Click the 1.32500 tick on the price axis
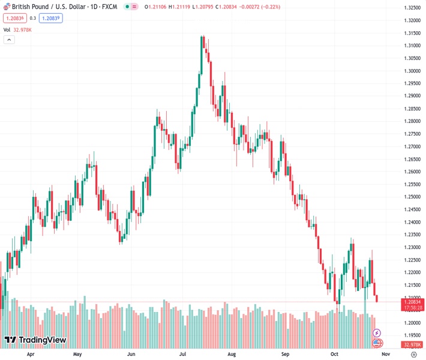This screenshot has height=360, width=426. tap(412, 8)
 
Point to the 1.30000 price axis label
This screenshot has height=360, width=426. tap(412, 71)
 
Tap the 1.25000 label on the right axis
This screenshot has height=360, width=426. tap(412, 197)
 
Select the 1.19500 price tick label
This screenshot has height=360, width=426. tap(412, 335)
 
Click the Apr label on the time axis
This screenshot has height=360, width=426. tap(30, 355)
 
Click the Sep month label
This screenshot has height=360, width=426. tap(286, 355)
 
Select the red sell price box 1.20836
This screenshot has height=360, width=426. tap(15, 18)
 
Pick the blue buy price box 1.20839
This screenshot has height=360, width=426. tap(50, 18)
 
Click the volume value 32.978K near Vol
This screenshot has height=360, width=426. tap(23, 29)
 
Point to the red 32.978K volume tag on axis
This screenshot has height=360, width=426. tap(412, 344)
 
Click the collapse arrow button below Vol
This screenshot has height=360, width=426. tap(9, 40)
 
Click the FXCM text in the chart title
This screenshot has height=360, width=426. tap(109, 7)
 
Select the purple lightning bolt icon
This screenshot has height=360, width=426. tap(377, 332)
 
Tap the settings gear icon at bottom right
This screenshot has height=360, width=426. tap(414, 355)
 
